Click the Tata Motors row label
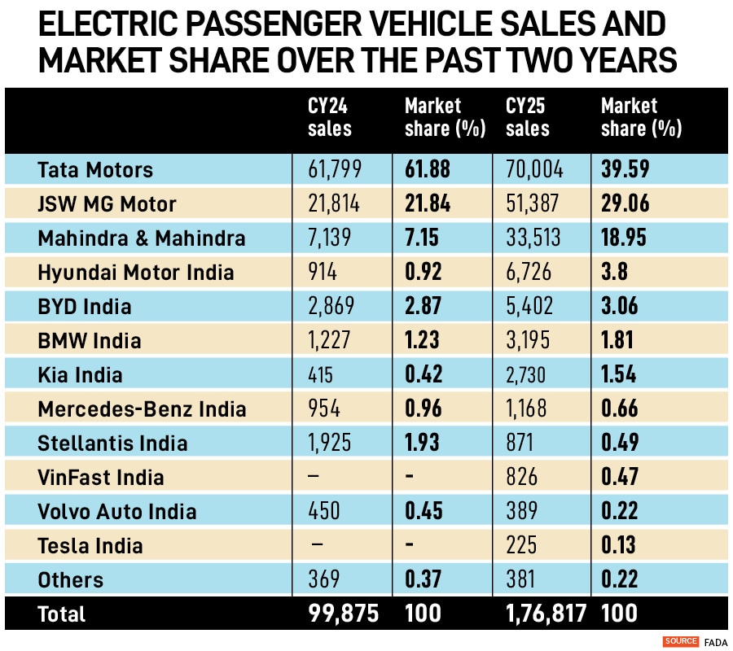pos(95,170)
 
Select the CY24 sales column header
pos(330,117)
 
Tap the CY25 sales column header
pos(528,117)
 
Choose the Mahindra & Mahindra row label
pos(142,238)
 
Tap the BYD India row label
pos(85,307)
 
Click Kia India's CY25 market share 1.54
pos(620,375)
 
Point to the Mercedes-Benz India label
pos(142,409)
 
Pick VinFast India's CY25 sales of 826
pos(523,478)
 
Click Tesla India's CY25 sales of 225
pos(523,546)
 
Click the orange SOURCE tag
pos(681,641)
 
